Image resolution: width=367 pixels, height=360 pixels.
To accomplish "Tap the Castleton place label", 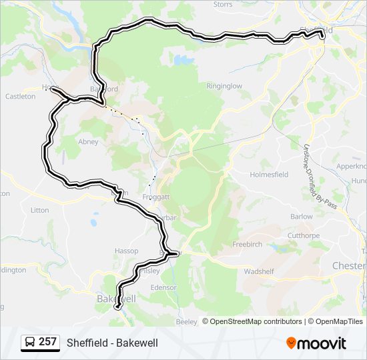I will coord(20,97).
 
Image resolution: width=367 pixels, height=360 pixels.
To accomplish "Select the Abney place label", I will coord(88,142).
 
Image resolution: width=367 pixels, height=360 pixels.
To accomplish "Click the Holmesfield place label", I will coord(270,175).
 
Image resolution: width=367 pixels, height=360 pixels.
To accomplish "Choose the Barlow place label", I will coord(302,217).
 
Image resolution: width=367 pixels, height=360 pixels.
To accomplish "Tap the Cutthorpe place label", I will coord(304,235).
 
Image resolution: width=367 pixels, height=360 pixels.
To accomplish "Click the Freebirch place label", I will coord(247,245).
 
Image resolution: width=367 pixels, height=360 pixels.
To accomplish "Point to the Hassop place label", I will coord(126,251).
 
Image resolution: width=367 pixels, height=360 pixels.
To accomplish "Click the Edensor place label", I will coord(163,287).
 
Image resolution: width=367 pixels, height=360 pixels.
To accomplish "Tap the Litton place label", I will coord(40,210).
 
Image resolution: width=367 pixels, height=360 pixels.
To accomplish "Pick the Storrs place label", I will coord(223,5).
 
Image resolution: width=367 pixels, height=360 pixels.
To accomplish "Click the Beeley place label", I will coord(187,322).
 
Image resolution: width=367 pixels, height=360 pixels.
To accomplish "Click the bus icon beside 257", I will coord(30,343).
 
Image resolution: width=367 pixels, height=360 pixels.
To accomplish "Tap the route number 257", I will coord(47,342).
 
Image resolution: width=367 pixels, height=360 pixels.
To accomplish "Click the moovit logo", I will coord(316,343).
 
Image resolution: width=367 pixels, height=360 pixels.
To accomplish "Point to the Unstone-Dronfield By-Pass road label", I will coord(320,177).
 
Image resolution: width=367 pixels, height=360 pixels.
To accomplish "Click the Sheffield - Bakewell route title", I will coord(112,343).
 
